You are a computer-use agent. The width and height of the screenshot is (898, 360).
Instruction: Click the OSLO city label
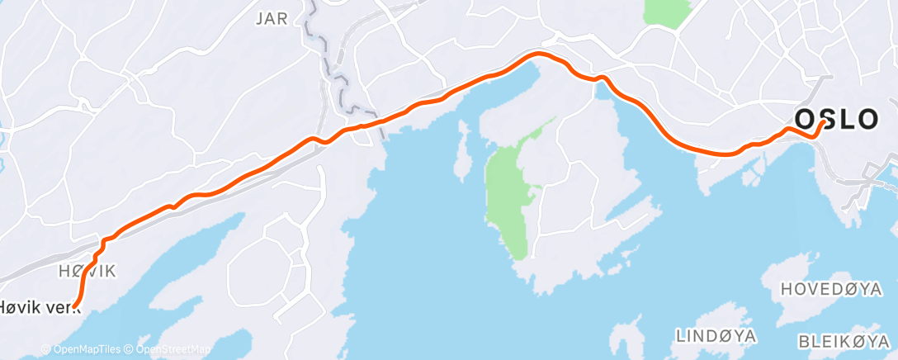click(837, 118)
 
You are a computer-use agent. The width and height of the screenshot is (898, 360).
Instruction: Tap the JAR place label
click(273, 19)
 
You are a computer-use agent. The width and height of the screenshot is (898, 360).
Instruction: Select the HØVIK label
click(87, 271)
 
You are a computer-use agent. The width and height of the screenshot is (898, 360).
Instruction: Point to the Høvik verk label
click(35, 306)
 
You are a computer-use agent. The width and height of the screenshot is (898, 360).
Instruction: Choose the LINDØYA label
click(716, 336)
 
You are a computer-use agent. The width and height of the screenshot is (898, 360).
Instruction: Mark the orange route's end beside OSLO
click(824, 122)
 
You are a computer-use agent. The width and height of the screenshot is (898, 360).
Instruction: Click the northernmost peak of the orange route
click(539, 54)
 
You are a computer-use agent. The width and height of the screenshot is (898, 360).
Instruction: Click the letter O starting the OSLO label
click(806, 118)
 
